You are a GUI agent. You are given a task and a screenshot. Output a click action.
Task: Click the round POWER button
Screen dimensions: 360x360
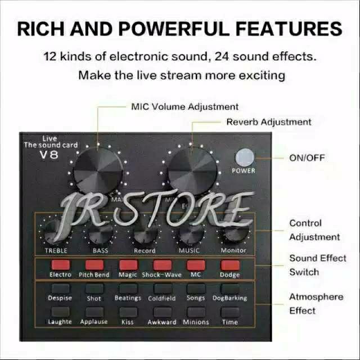[x=243, y=156]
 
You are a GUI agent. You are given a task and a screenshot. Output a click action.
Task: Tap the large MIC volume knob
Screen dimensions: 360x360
[x=96, y=170]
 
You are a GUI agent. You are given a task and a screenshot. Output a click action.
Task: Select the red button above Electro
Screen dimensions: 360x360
[x=60, y=264]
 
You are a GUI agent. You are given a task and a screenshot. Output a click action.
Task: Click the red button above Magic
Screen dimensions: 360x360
[x=128, y=264]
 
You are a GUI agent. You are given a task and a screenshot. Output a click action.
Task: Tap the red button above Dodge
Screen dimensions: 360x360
[x=229, y=264]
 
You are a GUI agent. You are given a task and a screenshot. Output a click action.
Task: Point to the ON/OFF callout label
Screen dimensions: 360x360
[x=307, y=158]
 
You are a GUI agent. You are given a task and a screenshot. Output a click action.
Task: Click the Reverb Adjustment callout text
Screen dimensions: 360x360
[x=268, y=121]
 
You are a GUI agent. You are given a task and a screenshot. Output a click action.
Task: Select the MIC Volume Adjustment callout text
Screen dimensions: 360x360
[x=184, y=106]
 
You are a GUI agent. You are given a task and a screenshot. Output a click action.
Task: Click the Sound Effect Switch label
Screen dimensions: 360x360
[x=318, y=265]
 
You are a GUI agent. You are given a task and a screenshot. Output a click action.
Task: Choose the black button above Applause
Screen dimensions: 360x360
[x=94, y=312]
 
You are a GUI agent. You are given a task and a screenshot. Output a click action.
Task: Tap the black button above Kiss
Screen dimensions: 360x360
[x=128, y=312]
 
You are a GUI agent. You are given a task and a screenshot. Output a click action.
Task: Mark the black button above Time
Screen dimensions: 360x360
[x=229, y=312]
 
